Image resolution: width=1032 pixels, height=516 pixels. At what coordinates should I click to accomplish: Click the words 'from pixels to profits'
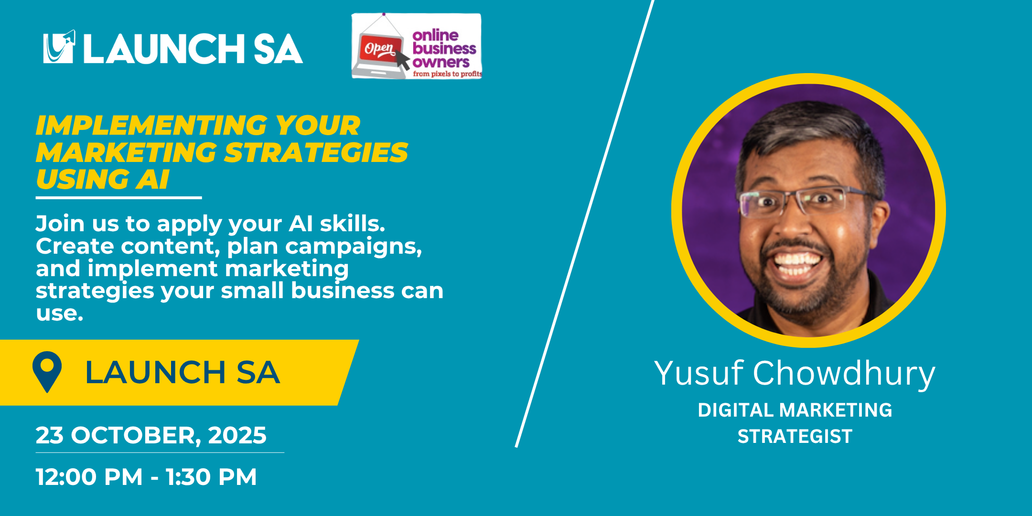coord(447,74)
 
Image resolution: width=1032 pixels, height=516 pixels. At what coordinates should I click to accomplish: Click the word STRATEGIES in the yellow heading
coord(316,153)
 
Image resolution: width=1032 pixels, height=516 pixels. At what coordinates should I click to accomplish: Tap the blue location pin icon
coord(47,372)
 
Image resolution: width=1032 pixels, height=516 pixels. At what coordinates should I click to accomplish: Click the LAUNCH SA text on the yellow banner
coord(182,372)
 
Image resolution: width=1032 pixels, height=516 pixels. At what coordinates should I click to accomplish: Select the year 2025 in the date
coord(237,435)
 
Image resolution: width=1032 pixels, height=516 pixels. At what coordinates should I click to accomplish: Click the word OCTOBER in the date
coord(133,436)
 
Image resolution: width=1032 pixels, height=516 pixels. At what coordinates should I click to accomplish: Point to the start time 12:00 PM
coord(89,477)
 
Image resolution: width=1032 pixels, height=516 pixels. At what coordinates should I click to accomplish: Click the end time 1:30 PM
coord(211,477)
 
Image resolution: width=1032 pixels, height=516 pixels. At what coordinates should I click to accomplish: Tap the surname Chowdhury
coord(844,374)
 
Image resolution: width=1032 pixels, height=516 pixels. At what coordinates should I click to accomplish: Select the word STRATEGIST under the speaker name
coord(795,436)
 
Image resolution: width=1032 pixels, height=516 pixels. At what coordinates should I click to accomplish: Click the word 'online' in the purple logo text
coord(435,35)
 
